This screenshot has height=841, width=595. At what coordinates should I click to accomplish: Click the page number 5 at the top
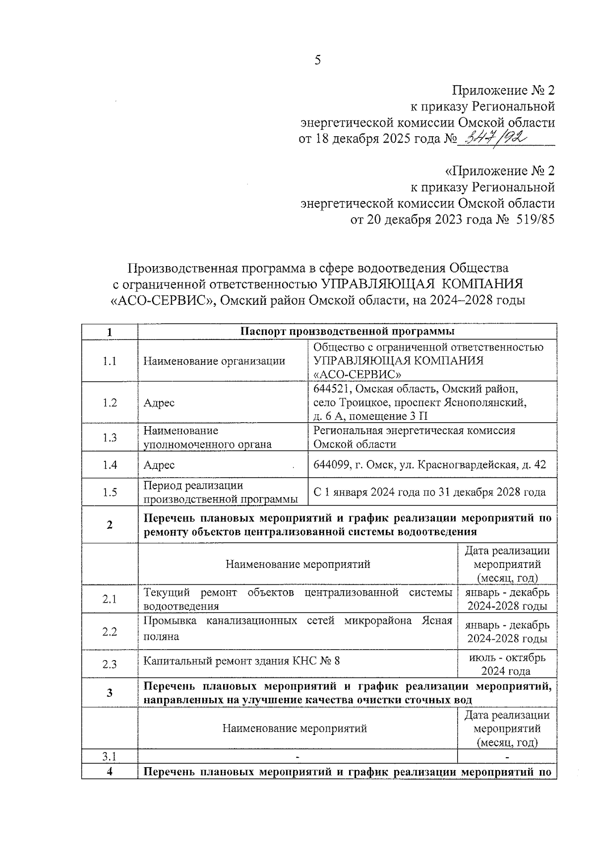tap(317, 60)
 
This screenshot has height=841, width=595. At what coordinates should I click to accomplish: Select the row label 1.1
tap(110, 361)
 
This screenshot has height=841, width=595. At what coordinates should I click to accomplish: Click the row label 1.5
tap(110, 492)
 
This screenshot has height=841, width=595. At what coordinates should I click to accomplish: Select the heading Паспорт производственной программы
tap(347, 332)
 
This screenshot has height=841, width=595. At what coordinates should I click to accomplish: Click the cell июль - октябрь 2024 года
tap(507, 664)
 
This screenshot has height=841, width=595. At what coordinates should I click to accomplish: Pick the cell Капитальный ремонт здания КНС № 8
tap(241, 661)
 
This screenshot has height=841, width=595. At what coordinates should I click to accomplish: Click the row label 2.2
tap(110, 631)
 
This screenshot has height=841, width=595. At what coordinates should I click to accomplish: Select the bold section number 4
tap(110, 772)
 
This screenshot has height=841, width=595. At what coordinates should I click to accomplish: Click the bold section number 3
tap(110, 693)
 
